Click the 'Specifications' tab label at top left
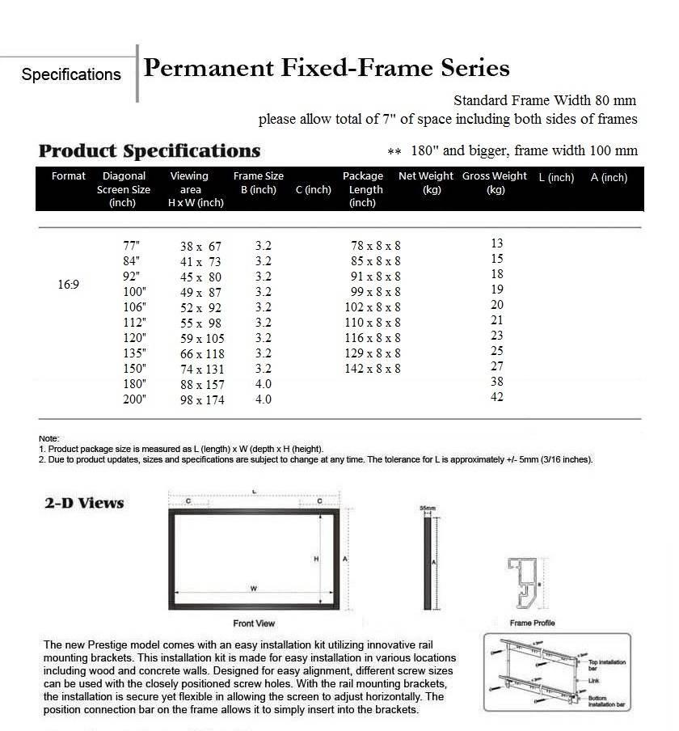click(x=71, y=74)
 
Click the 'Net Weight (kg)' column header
click(x=426, y=183)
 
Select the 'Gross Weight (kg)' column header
click(x=495, y=183)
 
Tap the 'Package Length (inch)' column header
click(x=363, y=189)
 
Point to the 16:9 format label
click(x=68, y=285)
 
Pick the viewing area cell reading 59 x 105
click(x=201, y=338)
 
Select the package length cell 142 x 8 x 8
click(x=373, y=369)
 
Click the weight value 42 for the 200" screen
click(x=496, y=397)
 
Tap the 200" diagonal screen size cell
click(x=133, y=399)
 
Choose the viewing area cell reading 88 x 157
click(x=201, y=384)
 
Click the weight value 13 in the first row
click(x=496, y=243)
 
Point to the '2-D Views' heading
click(x=84, y=503)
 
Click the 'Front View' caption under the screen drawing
click(x=254, y=623)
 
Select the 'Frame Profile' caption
click(x=532, y=623)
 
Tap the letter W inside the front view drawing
click(x=253, y=588)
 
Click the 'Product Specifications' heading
click(x=150, y=151)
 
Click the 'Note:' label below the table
click(x=48, y=438)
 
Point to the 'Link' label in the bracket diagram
click(x=593, y=681)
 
